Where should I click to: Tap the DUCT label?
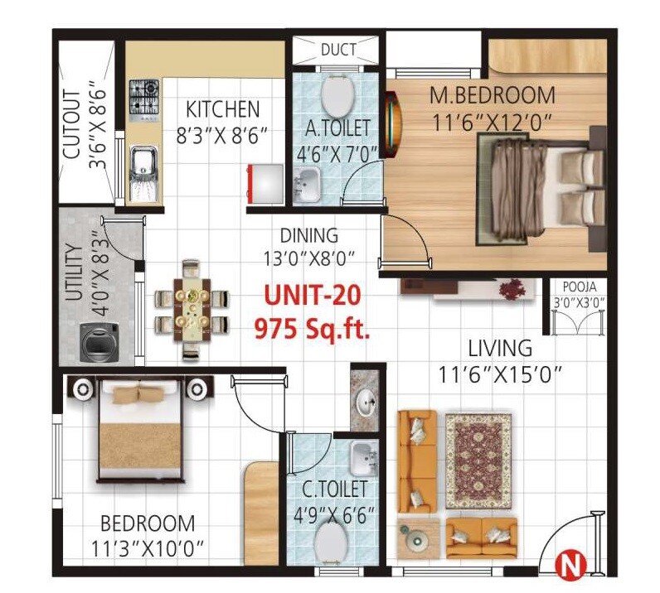(337, 51)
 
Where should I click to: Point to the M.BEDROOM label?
(492, 95)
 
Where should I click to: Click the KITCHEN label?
(222, 108)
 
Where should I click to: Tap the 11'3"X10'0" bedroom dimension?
(148, 548)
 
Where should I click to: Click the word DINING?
(308, 235)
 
